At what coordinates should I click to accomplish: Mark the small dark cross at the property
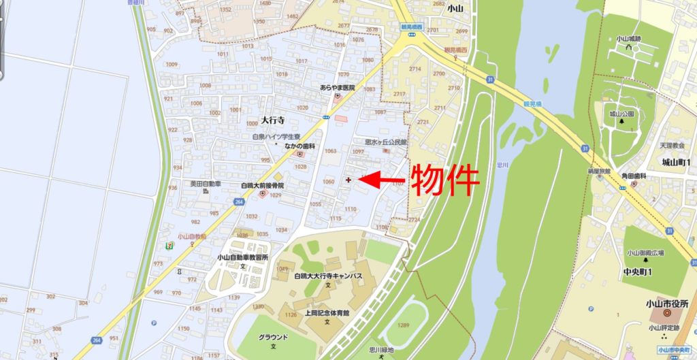point(348,180)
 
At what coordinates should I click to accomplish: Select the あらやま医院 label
point(338,88)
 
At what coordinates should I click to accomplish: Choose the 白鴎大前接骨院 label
point(262,185)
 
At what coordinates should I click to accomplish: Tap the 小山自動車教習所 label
point(243,257)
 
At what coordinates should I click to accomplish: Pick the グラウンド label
point(273,338)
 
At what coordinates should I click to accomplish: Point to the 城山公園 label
point(621,114)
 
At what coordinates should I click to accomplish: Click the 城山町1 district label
point(675,162)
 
